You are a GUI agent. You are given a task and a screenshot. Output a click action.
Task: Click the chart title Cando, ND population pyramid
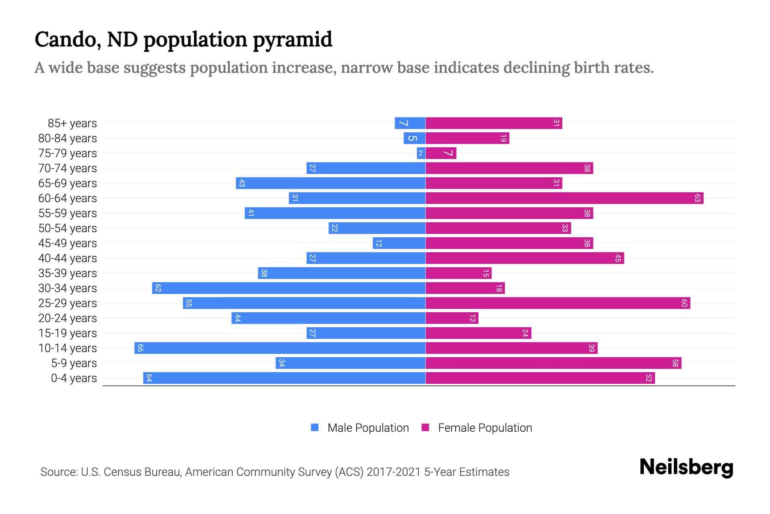(x=183, y=39)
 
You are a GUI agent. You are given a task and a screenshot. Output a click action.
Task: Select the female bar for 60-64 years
(x=564, y=198)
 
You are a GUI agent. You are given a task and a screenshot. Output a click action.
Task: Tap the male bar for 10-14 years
(x=280, y=348)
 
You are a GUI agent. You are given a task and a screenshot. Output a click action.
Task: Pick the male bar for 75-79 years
(x=421, y=153)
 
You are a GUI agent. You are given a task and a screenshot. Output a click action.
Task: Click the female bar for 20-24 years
(x=452, y=318)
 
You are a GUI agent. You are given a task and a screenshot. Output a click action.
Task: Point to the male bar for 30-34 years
(x=289, y=288)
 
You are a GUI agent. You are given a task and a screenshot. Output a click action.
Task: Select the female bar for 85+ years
(x=494, y=123)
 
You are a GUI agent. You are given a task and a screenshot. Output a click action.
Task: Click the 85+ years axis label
(x=72, y=123)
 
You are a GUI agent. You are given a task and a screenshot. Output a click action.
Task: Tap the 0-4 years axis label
(x=74, y=378)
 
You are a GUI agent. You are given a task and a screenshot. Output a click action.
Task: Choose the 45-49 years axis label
(x=68, y=243)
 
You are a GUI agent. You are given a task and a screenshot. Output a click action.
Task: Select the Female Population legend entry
(x=477, y=428)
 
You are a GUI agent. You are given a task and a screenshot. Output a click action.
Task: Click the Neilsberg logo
(x=686, y=467)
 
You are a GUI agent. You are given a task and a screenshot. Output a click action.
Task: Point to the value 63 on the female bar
(x=697, y=198)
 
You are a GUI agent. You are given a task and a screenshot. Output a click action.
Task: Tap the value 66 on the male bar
(x=140, y=348)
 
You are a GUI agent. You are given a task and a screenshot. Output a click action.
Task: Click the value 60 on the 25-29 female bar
(x=684, y=303)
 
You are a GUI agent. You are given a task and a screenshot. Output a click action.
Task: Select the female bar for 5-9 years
(x=553, y=363)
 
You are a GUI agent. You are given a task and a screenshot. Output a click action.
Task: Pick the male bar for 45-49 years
(x=399, y=243)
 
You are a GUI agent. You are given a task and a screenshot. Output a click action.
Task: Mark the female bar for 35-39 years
(x=459, y=273)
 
